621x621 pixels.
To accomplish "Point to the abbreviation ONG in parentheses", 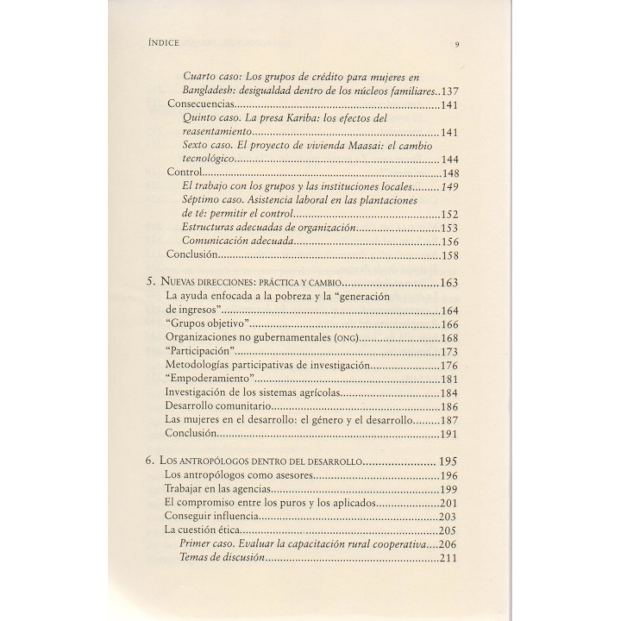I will [x=340, y=338].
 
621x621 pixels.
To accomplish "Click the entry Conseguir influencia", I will [x=212, y=517].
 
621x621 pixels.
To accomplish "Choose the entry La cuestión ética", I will [x=204, y=530].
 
